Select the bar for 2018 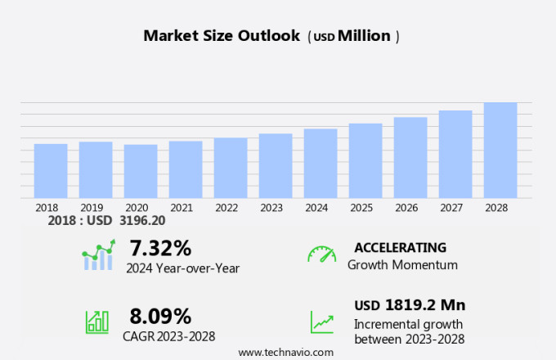click(x=51, y=170)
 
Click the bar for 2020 click(x=141, y=171)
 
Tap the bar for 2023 click(x=276, y=165)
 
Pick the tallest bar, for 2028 click(x=500, y=150)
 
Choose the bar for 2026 click(x=410, y=157)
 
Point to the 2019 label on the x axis click(x=92, y=208)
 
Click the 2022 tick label click(x=226, y=208)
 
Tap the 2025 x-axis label click(x=361, y=208)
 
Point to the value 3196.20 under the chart click(x=142, y=221)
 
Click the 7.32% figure click(x=159, y=248)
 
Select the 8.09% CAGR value click(x=160, y=316)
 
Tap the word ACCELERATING click(x=401, y=248)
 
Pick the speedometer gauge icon click(x=321, y=254)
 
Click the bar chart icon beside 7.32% click(x=98, y=256)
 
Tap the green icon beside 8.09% click(x=97, y=322)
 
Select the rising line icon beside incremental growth click(x=321, y=322)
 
